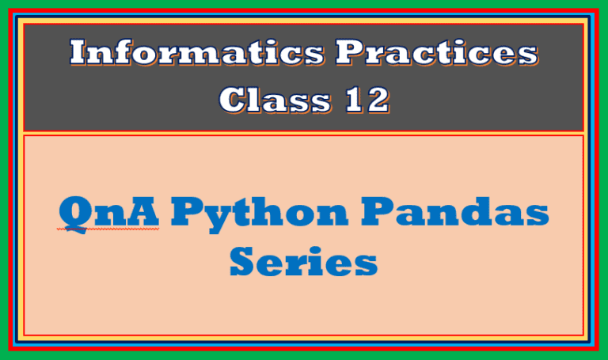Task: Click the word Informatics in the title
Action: click(x=197, y=52)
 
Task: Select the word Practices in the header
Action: click(x=437, y=52)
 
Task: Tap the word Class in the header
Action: click(x=275, y=100)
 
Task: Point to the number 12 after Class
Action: click(x=367, y=100)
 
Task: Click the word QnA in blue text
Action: click(x=109, y=212)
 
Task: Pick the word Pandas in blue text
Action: click(x=455, y=211)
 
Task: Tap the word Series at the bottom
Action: click(x=304, y=261)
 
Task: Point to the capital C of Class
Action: click(x=232, y=100)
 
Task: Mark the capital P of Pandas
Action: click(x=378, y=211)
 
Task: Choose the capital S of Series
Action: click(x=242, y=261)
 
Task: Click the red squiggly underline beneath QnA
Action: click(x=108, y=229)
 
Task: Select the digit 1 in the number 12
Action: click(x=354, y=100)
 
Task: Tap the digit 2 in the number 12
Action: click(x=378, y=100)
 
